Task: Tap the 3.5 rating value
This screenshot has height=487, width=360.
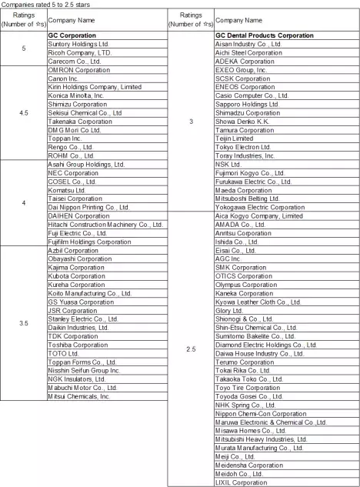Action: tap(23, 323)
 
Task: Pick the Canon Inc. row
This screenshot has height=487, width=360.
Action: tap(65, 78)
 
